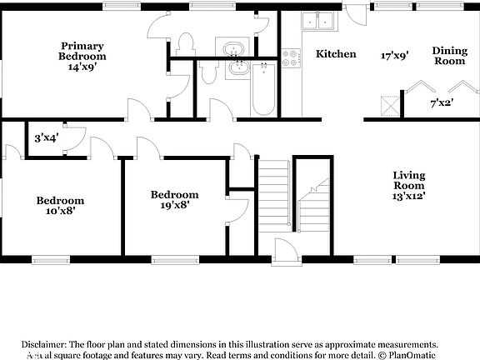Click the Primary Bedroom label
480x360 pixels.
pos(82,51)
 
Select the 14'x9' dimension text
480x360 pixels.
pos(82,67)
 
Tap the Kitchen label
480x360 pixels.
pos(336,54)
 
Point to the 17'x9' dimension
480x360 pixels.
pos(394,56)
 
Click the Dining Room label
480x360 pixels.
pos(449,56)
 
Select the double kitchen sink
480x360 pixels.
pos(317,20)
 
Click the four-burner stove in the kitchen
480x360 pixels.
pos(291,58)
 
